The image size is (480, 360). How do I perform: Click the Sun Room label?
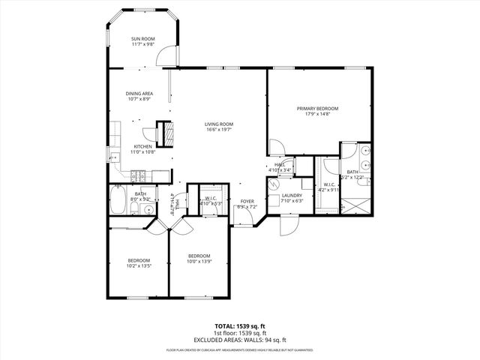click(142, 43)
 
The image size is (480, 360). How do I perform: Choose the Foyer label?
click(247, 201)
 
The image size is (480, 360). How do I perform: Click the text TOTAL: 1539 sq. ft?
click(239, 325)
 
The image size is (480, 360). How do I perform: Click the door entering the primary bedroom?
click(277, 147)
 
